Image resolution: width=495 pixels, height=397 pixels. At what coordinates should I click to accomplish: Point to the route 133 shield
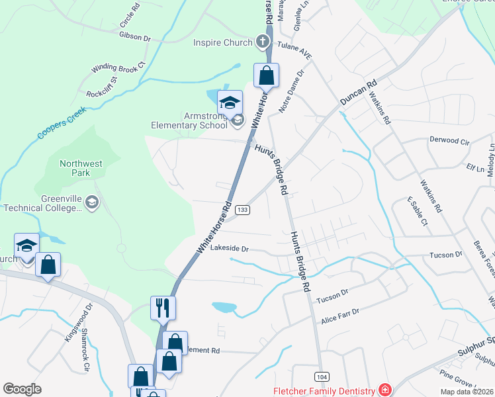tap(243, 209)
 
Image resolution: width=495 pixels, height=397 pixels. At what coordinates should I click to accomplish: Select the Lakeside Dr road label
tap(229, 249)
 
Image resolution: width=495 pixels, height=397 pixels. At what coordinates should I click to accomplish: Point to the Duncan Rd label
tap(358, 93)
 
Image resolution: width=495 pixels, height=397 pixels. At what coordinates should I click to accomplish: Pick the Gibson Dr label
tap(135, 37)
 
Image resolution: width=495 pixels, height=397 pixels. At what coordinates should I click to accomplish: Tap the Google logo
tap(22, 389)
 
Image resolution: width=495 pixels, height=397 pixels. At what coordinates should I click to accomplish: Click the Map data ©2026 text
tap(467, 392)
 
